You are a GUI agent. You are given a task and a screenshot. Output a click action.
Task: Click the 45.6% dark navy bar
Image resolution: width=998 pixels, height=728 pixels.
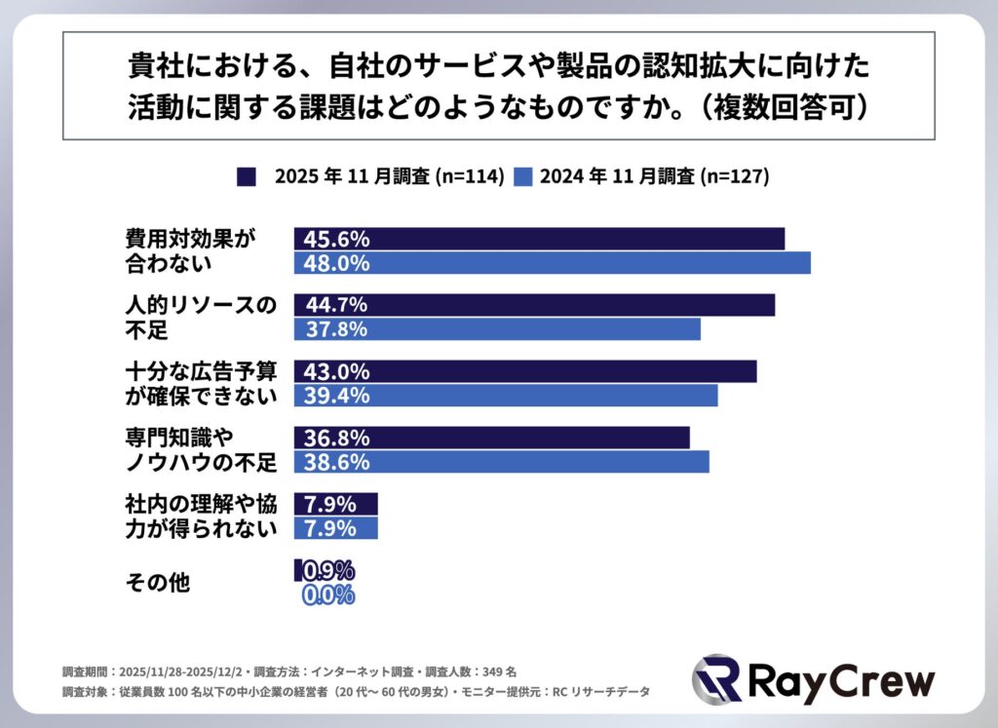(539, 239)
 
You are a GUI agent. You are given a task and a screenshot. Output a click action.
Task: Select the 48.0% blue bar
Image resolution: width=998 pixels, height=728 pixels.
(552, 263)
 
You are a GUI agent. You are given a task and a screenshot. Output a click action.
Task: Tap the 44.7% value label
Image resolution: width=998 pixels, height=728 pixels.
(335, 305)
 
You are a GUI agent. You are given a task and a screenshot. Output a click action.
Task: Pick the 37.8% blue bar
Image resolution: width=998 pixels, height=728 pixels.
(497, 329)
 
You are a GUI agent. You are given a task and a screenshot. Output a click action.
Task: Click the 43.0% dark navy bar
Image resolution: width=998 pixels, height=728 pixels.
(525, 371)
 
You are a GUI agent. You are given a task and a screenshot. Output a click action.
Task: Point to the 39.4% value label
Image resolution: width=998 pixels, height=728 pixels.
(335, 396)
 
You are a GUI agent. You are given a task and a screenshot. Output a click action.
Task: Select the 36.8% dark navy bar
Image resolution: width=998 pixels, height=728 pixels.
(491, 438)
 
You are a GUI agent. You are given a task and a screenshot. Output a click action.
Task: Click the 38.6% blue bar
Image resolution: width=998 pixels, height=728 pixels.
(501, 462)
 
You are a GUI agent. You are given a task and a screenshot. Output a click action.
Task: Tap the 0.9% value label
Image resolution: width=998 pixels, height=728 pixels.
(327, 571)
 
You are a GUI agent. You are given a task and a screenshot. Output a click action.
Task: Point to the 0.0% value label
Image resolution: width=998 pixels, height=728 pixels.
(327, 595)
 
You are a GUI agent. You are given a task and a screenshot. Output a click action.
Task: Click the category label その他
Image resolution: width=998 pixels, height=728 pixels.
(157, 583)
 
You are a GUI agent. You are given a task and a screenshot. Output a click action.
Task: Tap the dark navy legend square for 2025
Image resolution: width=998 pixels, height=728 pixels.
(247, 176)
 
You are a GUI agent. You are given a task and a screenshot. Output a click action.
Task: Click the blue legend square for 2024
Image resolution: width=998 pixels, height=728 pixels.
(522, 176)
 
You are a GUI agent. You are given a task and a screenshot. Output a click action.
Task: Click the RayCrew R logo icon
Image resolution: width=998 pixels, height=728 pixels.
(716, 679)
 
